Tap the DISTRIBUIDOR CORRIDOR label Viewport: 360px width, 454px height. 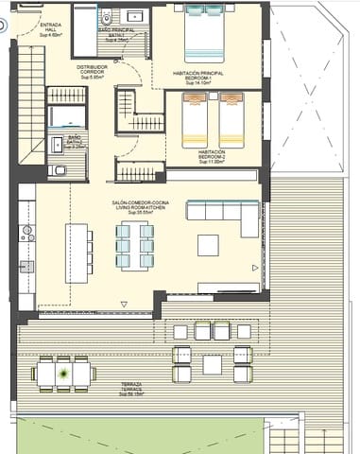(92, 71)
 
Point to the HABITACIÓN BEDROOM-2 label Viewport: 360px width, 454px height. (212, 156)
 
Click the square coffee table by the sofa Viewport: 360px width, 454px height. (208, 245)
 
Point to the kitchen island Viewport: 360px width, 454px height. (77, 251)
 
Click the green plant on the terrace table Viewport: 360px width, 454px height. (63, 373)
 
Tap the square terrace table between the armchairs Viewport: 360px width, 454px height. (212, 364)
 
